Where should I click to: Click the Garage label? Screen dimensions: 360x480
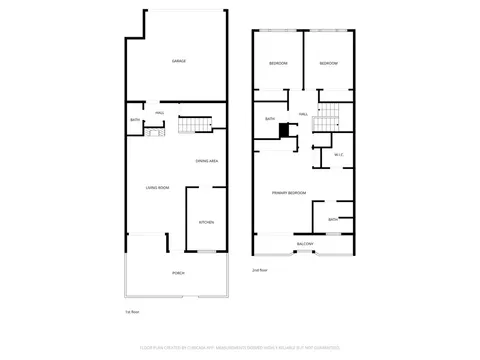[x=178, y=61]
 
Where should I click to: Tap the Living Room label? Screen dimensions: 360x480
[x=157, y=187]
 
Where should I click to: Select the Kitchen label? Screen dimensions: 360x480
[x=206, y=222]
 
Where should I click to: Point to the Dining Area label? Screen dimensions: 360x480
[x=208, y=160]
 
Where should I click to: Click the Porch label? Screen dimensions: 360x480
[x=178, y=272]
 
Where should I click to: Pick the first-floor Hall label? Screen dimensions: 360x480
[x=160, y=112]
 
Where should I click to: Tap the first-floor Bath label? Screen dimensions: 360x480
[x=135, y=122]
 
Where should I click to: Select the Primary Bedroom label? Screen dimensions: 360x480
[x=288, y=192]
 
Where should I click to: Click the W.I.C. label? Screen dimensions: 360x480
[x=340, y=154]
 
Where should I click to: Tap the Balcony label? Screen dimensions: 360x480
[x=304, y=244]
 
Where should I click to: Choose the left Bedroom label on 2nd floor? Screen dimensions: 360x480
[x=278, y=64]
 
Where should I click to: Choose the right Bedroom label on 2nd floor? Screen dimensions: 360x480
[x=329, y=64]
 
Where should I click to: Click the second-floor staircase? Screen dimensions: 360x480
[x=323, y=122]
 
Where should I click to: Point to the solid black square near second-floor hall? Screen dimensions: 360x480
[x=284, y=129]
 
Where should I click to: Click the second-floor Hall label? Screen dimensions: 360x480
[x=303, y=113]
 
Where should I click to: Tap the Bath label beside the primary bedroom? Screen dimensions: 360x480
[x=333, y=219]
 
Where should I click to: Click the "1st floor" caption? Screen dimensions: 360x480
[x=130, y=313]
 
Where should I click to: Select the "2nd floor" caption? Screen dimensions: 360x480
[x=259, y=270]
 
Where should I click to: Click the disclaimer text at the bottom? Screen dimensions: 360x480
[x=240, y=349]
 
